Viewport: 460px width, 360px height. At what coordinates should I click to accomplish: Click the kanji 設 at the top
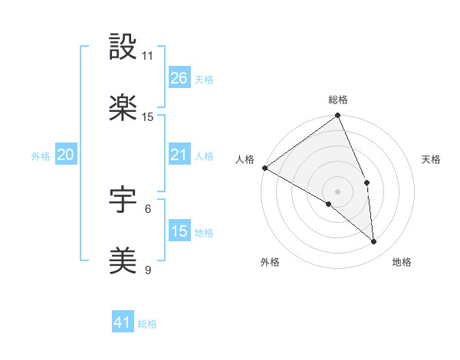(123, 47)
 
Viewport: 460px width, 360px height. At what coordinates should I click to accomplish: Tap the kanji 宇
(123, 201)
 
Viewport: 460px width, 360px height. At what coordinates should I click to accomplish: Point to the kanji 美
(123, 261)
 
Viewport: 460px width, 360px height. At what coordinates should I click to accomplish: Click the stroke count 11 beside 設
(148, 56)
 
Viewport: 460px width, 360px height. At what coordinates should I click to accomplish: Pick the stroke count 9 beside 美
(148, 270)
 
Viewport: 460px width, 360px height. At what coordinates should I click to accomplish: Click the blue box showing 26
(179, 77)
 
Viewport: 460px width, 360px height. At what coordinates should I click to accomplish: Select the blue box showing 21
(179, 155)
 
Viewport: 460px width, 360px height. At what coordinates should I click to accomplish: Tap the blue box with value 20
(65, 155)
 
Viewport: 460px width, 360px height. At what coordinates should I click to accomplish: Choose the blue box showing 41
(123, 322)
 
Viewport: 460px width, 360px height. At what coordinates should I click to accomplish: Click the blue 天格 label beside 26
(204, 79)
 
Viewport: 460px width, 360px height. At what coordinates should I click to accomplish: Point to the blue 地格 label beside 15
(204, 232)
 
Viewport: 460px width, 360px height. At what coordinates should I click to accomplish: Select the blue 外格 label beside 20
(41, 156)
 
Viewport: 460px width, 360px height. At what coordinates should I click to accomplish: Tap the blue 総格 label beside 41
(147, 324)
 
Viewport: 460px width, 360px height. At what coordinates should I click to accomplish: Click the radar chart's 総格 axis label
(338, 100)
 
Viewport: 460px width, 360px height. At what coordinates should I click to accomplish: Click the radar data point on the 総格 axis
(337, 116)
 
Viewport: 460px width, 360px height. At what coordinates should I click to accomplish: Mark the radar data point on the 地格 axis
(374, 241)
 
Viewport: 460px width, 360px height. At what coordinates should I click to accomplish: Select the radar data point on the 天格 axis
(367, 182)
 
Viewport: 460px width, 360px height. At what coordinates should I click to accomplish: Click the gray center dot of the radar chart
(337, 191)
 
